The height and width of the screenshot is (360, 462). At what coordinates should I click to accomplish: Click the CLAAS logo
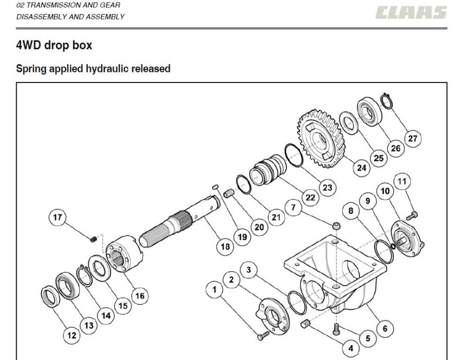point(411,13)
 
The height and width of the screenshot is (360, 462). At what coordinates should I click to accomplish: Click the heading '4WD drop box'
point(54,45)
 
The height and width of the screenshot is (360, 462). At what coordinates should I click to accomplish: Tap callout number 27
point(412,138)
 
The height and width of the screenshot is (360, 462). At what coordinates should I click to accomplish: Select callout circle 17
point(57,217)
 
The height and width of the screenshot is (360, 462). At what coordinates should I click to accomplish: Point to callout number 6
point(385,328)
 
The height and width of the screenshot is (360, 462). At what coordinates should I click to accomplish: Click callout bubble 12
point(71,335)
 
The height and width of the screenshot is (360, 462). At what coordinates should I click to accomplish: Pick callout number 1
point(214,290)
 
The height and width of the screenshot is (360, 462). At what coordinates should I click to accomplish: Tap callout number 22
point(310,197)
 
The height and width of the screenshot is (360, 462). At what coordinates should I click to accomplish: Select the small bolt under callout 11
point(412,216)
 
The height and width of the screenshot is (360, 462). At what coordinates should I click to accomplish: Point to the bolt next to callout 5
point(337,329)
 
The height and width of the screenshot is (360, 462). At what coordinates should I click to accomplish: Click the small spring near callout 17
point(93,239)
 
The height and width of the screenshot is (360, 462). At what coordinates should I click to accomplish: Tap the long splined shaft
point(180,221)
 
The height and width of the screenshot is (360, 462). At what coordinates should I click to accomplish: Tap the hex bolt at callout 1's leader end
point(263,335)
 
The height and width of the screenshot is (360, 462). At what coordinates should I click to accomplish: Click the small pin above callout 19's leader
point(215,187)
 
